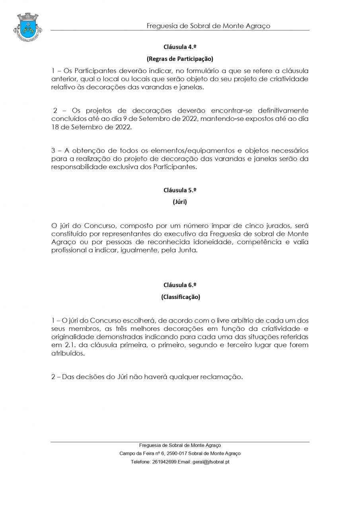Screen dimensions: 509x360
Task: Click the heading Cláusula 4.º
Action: [x=180, y=47]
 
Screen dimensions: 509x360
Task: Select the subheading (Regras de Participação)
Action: [x=180, y=59]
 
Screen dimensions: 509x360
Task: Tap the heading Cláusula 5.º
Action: [x=180, y=190]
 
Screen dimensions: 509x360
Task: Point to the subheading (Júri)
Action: [x=180, y=202]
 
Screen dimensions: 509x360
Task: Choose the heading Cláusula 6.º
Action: [x=180, y=285]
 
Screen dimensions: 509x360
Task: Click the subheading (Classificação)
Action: [x=180, y=297]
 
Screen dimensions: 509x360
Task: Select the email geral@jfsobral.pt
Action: [x=211, y=462]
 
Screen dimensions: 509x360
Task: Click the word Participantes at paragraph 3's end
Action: [x=175, y=167]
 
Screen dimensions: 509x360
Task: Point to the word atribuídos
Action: [x=68, y=353]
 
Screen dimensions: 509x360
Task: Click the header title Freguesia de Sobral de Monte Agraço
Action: [x=208, y=26]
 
